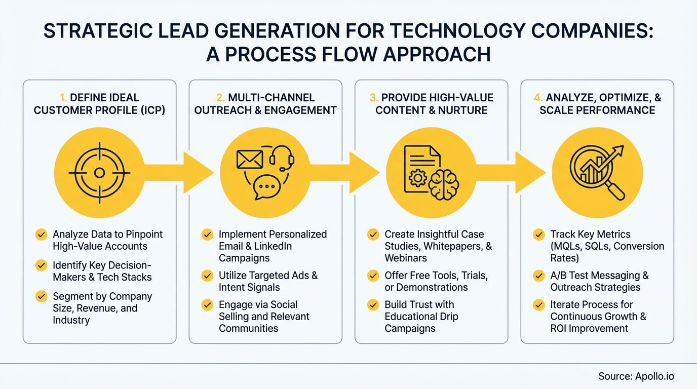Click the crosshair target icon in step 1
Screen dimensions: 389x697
click(99, 173)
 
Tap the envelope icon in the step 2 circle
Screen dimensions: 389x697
click(249, 160)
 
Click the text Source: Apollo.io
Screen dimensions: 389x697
click(636, 376)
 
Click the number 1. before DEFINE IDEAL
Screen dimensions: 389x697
click(64, 98)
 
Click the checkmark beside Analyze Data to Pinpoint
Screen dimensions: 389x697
click(41, 235)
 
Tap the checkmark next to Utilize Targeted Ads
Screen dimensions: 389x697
click(207, 276)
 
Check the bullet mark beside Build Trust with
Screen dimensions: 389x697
click(373, 305)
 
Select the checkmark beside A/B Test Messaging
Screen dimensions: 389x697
click(539, 276)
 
